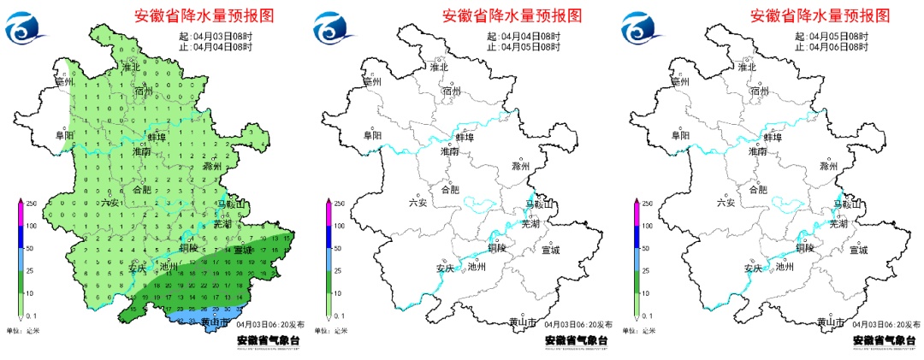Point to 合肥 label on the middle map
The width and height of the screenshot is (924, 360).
(x=449, y=190)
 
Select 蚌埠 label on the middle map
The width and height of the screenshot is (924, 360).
(x=465, y=136)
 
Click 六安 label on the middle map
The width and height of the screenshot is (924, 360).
(x=418, y=203)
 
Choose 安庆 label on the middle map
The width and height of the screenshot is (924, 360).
(x=445, y=268)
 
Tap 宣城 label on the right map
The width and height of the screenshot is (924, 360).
(x=858, y=250)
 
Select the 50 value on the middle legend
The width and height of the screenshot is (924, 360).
(x=338, y=249)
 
